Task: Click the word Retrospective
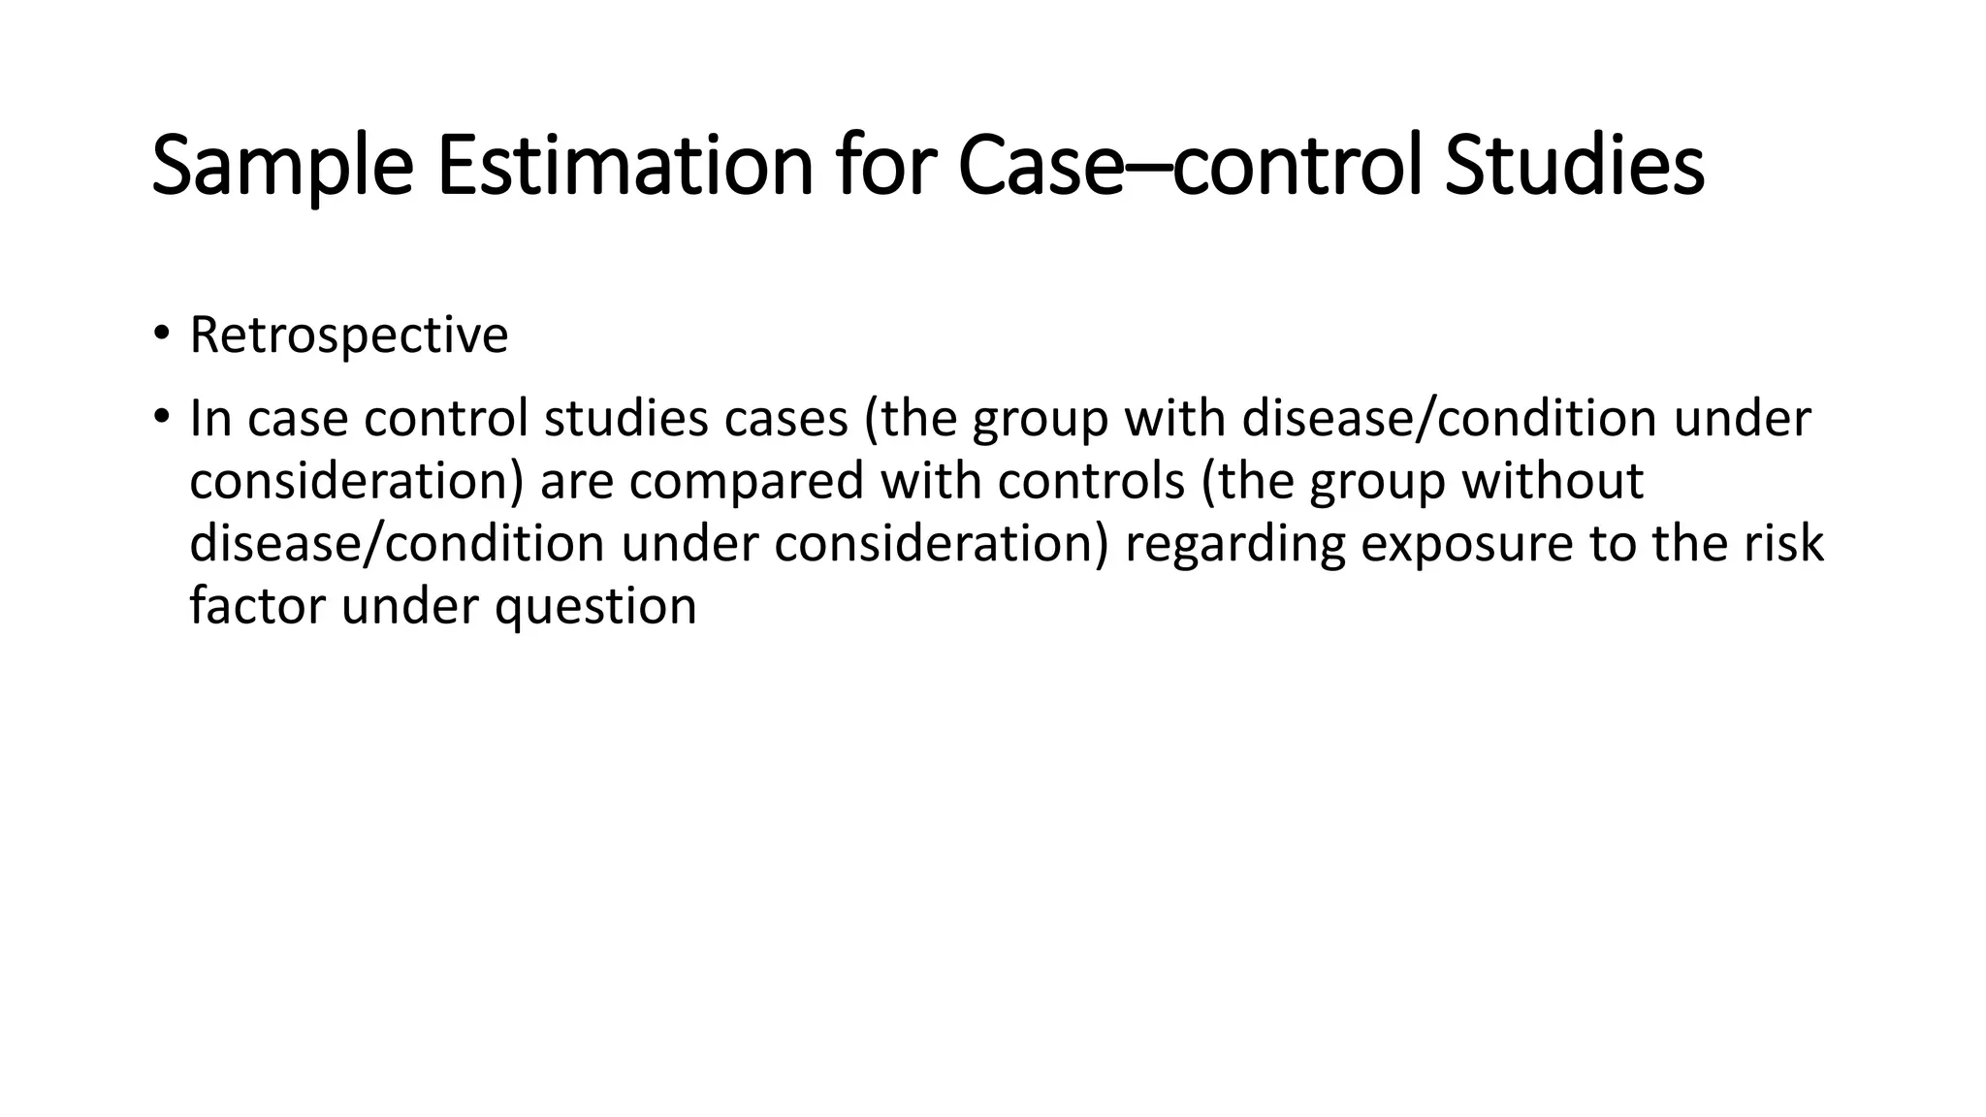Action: tap(348, 335)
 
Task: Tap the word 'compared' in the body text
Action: tap(746, 482)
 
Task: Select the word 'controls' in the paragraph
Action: tap(1091, 482)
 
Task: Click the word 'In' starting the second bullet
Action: tap(210, 419)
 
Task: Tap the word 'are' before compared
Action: tap(577, 482)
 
